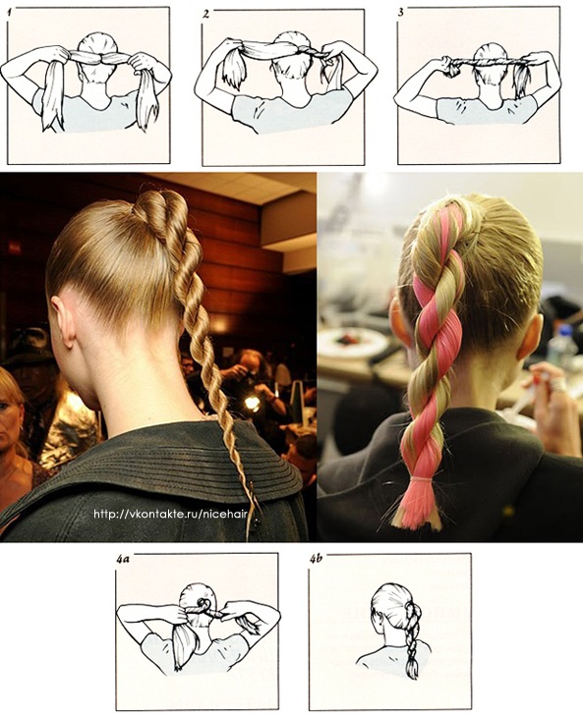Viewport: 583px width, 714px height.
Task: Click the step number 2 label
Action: tap(205, 14)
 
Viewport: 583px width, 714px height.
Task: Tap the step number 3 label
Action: tap(400, 13)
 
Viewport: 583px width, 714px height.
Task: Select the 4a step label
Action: tap(123, 558)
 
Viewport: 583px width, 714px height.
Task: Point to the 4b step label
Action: tap(316, 558)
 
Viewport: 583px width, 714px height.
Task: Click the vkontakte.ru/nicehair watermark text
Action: tap(170, 514)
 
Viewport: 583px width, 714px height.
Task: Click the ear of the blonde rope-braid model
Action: tap(63, 323)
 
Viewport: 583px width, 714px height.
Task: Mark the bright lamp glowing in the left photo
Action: tap(252, 403)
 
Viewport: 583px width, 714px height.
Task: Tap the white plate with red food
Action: tap(349, 340)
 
